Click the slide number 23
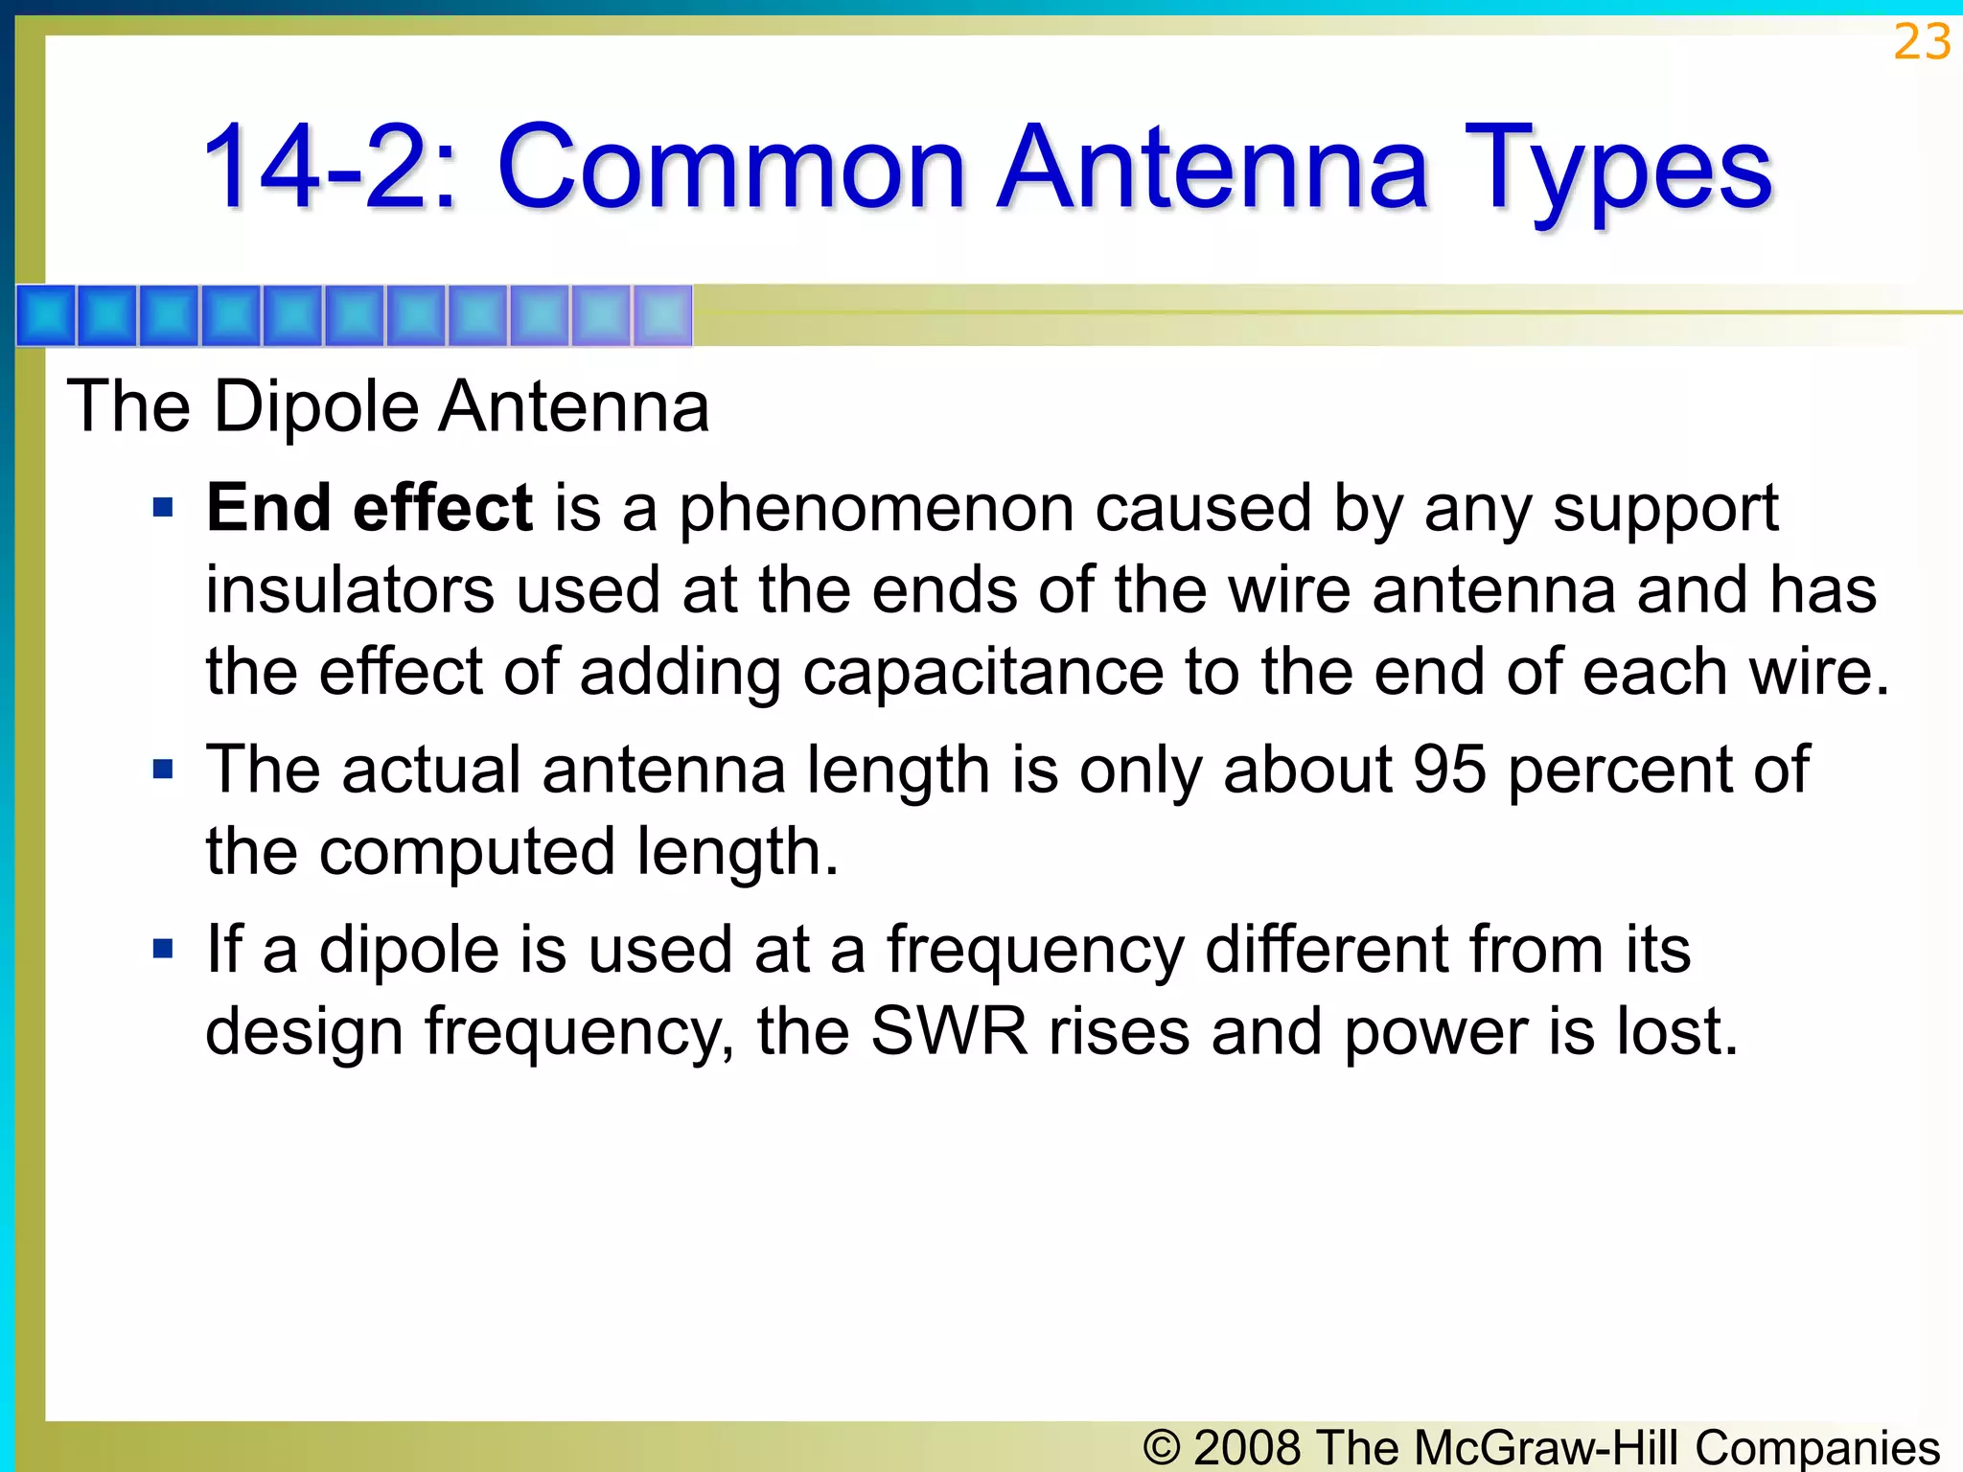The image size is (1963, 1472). (1922, 43)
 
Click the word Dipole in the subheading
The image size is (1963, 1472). (316, 407)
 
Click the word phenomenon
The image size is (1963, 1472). (876, 510)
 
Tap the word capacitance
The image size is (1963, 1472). (982, 673)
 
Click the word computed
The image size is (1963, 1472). (467, 853)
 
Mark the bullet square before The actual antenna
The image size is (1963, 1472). (163, 769)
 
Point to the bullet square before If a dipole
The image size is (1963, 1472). (163, 949)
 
